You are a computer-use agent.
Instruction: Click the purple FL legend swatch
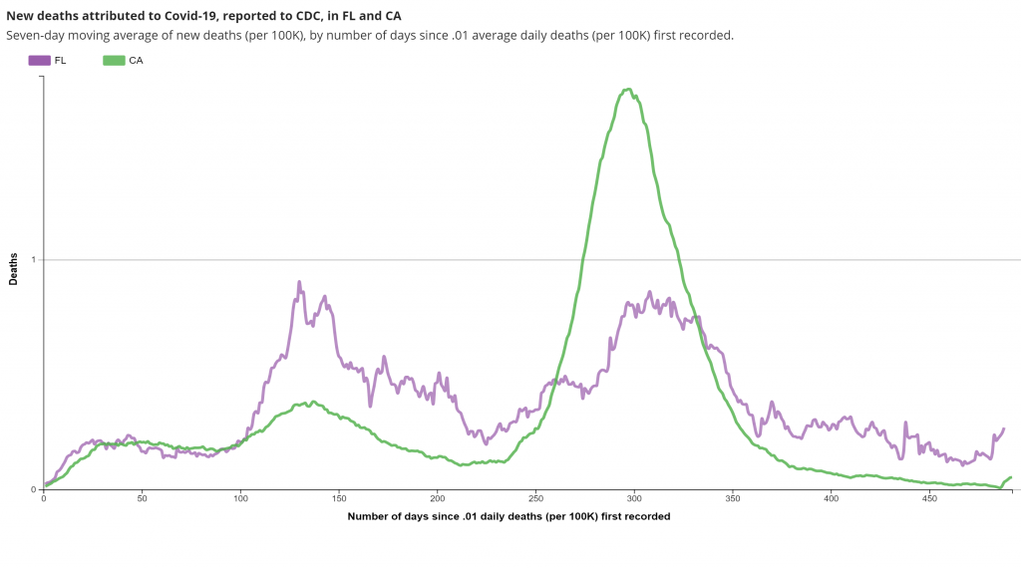point(40,61)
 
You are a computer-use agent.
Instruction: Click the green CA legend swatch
point(114,61)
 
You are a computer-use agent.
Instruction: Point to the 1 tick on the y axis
point(33,260)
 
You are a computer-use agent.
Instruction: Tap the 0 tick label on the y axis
point(33,489)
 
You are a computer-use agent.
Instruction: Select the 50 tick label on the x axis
point(142,499)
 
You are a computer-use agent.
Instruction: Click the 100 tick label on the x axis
point(240,499)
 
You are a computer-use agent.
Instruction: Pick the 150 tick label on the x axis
point(339,499)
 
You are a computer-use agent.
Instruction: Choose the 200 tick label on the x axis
point(437,499)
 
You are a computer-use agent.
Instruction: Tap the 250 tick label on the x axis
point(535,499)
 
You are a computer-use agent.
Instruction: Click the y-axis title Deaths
point(14,269)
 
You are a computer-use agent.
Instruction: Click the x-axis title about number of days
point(509,517)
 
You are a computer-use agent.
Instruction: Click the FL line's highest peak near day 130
point(299,282)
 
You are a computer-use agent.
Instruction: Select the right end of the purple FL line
point(1003,428)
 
